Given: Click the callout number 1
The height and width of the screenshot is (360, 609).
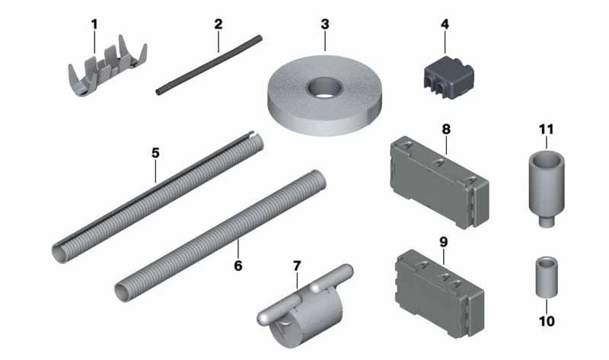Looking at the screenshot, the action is pos(94,24).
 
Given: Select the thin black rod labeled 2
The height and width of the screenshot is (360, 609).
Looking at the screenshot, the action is pos(209,65).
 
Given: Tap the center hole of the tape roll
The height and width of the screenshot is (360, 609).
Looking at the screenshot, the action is pos(324,88).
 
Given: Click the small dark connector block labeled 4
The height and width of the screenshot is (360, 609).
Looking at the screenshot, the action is pos(448,78).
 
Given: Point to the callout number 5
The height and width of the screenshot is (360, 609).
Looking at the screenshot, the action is pos(155,153).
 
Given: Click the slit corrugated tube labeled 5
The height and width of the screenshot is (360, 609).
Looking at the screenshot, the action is pos(158,197).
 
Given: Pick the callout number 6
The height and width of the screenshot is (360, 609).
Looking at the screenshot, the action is pos(238,266).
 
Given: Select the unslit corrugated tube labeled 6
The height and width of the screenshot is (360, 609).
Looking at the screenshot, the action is pos(220,236).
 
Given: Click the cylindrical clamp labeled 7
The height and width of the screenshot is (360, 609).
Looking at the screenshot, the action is pos(305,305).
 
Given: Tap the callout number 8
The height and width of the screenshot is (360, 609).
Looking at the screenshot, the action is pos(446,129).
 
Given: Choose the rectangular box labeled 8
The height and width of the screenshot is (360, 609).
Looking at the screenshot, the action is pos(439,182).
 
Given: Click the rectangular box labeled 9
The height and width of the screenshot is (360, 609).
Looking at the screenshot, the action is pos(439,293).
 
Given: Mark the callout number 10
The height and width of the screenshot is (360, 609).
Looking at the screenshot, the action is pos(547,321).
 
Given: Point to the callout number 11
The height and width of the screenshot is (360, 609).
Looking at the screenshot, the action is pos(546,129).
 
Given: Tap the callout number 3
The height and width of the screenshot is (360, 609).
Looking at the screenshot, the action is pos(325,24).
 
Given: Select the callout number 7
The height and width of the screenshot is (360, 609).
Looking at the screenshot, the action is pos(297,266).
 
